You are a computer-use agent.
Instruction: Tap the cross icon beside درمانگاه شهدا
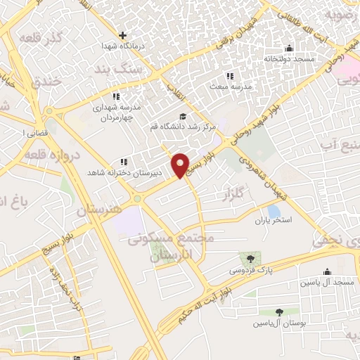123,35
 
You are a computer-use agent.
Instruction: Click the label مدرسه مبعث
229,86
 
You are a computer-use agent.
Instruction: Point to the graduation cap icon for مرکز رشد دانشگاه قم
183,117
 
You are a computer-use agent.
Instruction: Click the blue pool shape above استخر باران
274,210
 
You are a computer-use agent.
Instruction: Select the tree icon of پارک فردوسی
247,259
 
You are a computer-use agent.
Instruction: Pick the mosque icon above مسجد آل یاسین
326,272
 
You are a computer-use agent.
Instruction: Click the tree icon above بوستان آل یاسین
280,311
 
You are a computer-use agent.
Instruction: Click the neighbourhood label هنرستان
99,210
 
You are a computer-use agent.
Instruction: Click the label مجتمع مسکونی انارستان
171,247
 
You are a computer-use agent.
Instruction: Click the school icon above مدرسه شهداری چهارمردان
115,96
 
